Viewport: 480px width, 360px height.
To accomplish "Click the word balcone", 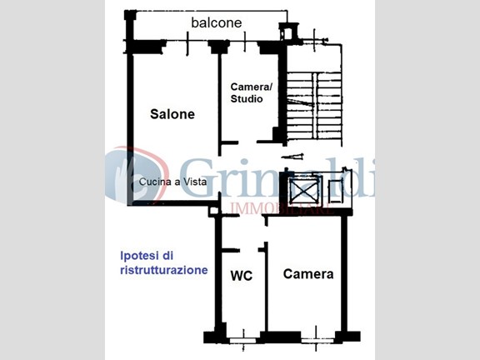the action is pyautogui.click(x=217, y=23).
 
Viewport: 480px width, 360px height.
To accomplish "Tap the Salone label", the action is pyautogui.click(x=172, y=114).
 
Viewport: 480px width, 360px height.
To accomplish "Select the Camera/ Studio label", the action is pyautogui.click(x=251, y=92).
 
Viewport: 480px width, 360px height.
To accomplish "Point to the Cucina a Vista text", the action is pyautogui.click(x=173, y=182).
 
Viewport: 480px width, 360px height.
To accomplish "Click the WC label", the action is pyautogui.click(x=242, y=276).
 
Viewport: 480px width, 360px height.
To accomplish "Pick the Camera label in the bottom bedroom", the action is pyautogui.click(x=308, y=274).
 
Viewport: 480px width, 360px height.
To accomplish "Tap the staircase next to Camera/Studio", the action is pyautogui.click(x=314, y=106).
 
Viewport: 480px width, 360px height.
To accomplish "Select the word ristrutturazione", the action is pyautogui.click(x=164, y=270).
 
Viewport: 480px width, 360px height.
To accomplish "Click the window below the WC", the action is pyautogui.click(x=243, y=340).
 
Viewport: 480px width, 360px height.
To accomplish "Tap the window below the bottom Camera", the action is pyautogui.click(x=317, y=340).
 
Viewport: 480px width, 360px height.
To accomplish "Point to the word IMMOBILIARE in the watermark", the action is pyautogui.click(x=282, y=209).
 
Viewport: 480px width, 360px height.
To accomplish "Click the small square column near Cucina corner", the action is pyautogui.click(x=213, y=211).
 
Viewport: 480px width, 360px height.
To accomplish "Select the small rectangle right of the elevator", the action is pyautogui.click(x=335, y=192).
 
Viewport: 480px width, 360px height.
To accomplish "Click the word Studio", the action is pyautogui.click(x=247, y=99).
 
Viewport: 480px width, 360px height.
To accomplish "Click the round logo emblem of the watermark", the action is pyautogui.click(x=137, y=175).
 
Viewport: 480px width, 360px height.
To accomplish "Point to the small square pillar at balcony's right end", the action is pyautogui.click(x=288, y=32).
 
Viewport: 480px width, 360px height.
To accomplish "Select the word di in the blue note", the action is pyautogui.click(x=168, y=255).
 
